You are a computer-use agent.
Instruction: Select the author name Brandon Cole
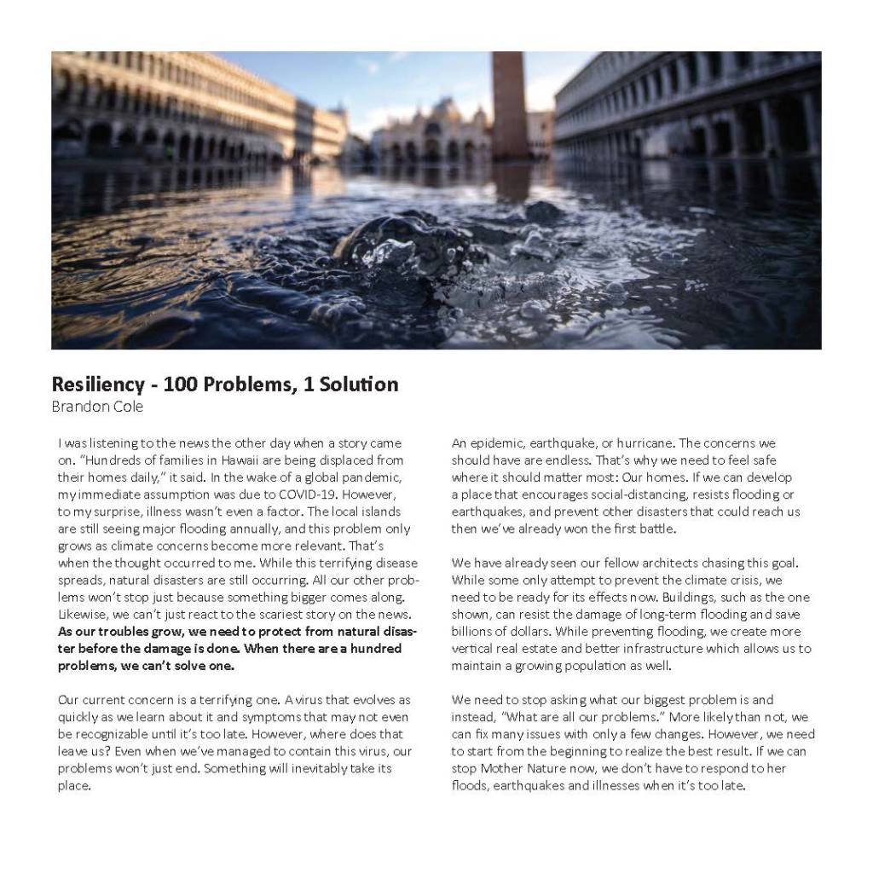[97, 407]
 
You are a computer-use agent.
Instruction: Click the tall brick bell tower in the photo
[510, 102]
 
